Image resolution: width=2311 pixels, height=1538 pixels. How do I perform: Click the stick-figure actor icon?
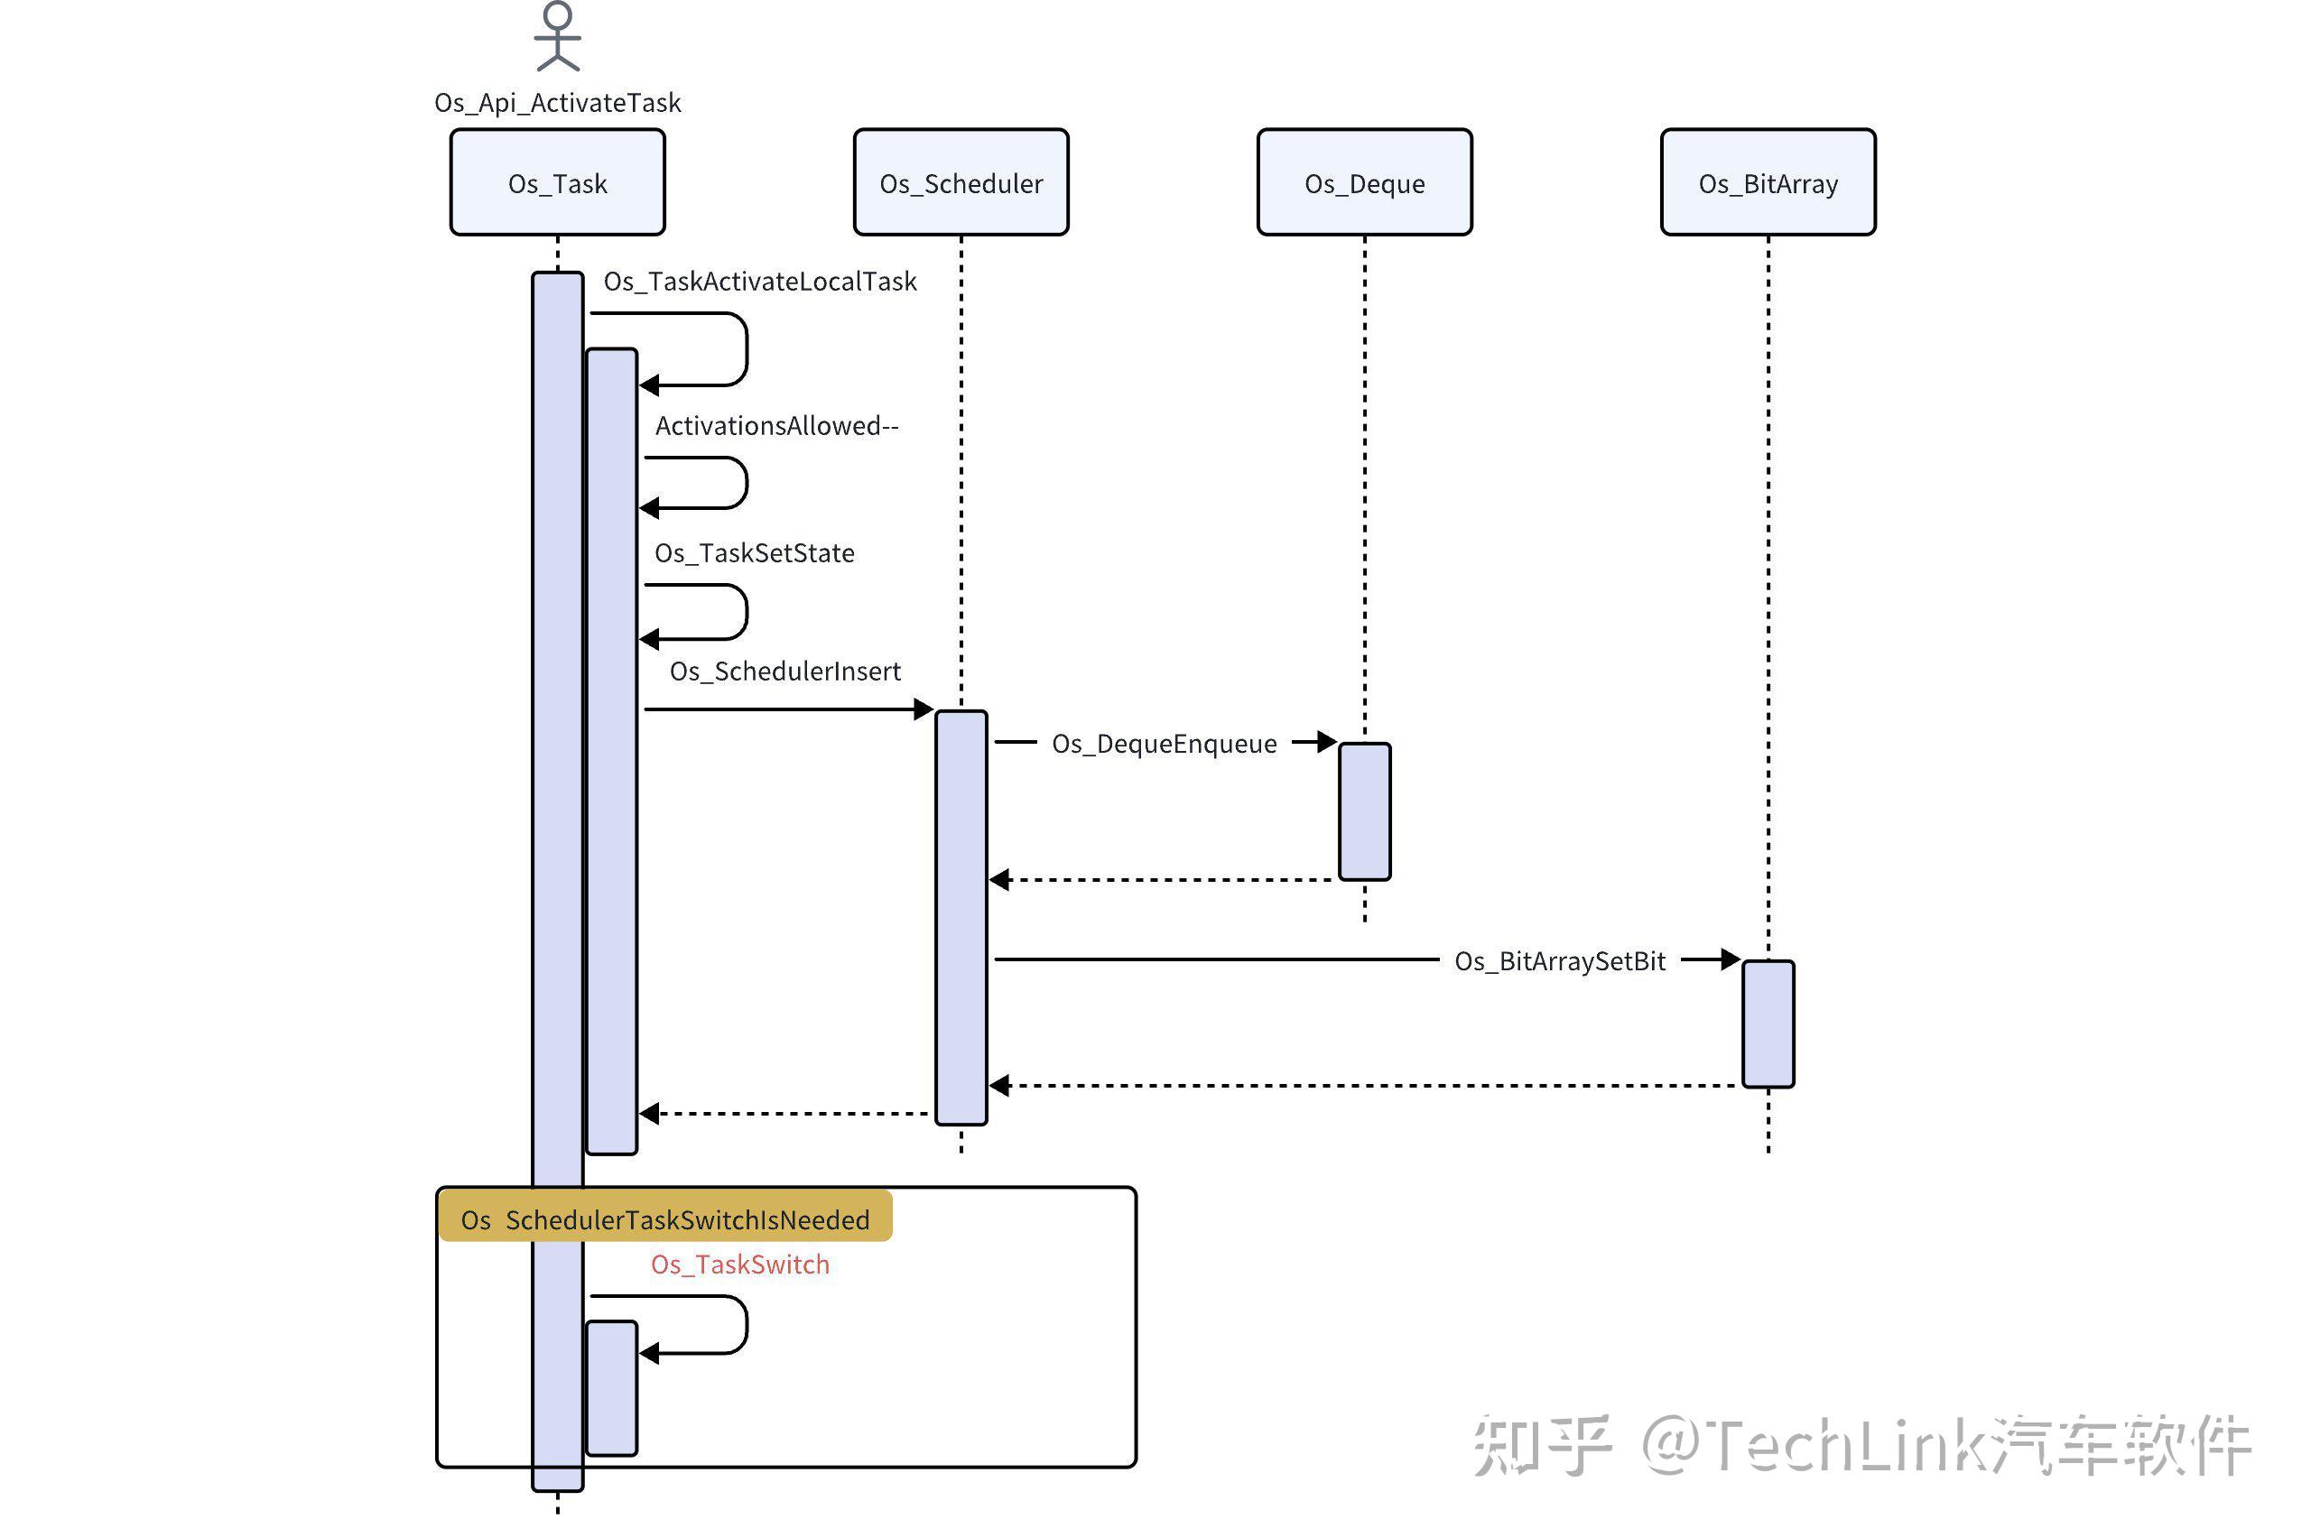point(557,36)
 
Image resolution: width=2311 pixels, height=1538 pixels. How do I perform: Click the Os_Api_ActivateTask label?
point(557,103)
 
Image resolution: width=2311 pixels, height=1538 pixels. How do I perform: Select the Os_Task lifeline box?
point(557,182)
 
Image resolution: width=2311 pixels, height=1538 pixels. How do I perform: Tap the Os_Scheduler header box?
point(961,182)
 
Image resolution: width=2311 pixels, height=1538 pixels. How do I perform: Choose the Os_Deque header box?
point(1363,182)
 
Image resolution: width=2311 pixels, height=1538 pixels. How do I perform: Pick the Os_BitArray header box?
point(1768,182)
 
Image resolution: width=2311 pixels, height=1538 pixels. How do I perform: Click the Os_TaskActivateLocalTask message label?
point(759,282)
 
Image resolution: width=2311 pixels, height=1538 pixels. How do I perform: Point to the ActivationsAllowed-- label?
point(775,426)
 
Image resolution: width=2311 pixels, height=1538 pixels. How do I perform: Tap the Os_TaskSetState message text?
point(753,553)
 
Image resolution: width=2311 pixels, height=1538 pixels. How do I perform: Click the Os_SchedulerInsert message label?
point(784,671)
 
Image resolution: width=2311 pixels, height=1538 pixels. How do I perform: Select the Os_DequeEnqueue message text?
point(1164,744)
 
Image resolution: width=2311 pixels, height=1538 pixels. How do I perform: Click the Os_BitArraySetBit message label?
point(1559,961)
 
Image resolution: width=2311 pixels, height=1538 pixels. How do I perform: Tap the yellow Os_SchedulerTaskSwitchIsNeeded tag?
point(665,1218)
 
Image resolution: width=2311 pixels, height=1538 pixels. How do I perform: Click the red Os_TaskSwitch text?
point(739,1265)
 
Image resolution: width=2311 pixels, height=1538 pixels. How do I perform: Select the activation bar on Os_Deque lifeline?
point(1363,811)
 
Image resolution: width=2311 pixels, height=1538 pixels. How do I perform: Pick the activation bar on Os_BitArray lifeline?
point(1768,1023)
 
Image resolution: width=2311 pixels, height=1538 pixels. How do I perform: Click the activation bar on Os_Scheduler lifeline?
point(961,917)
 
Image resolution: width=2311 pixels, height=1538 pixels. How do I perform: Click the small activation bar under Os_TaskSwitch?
point(611,1388)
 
